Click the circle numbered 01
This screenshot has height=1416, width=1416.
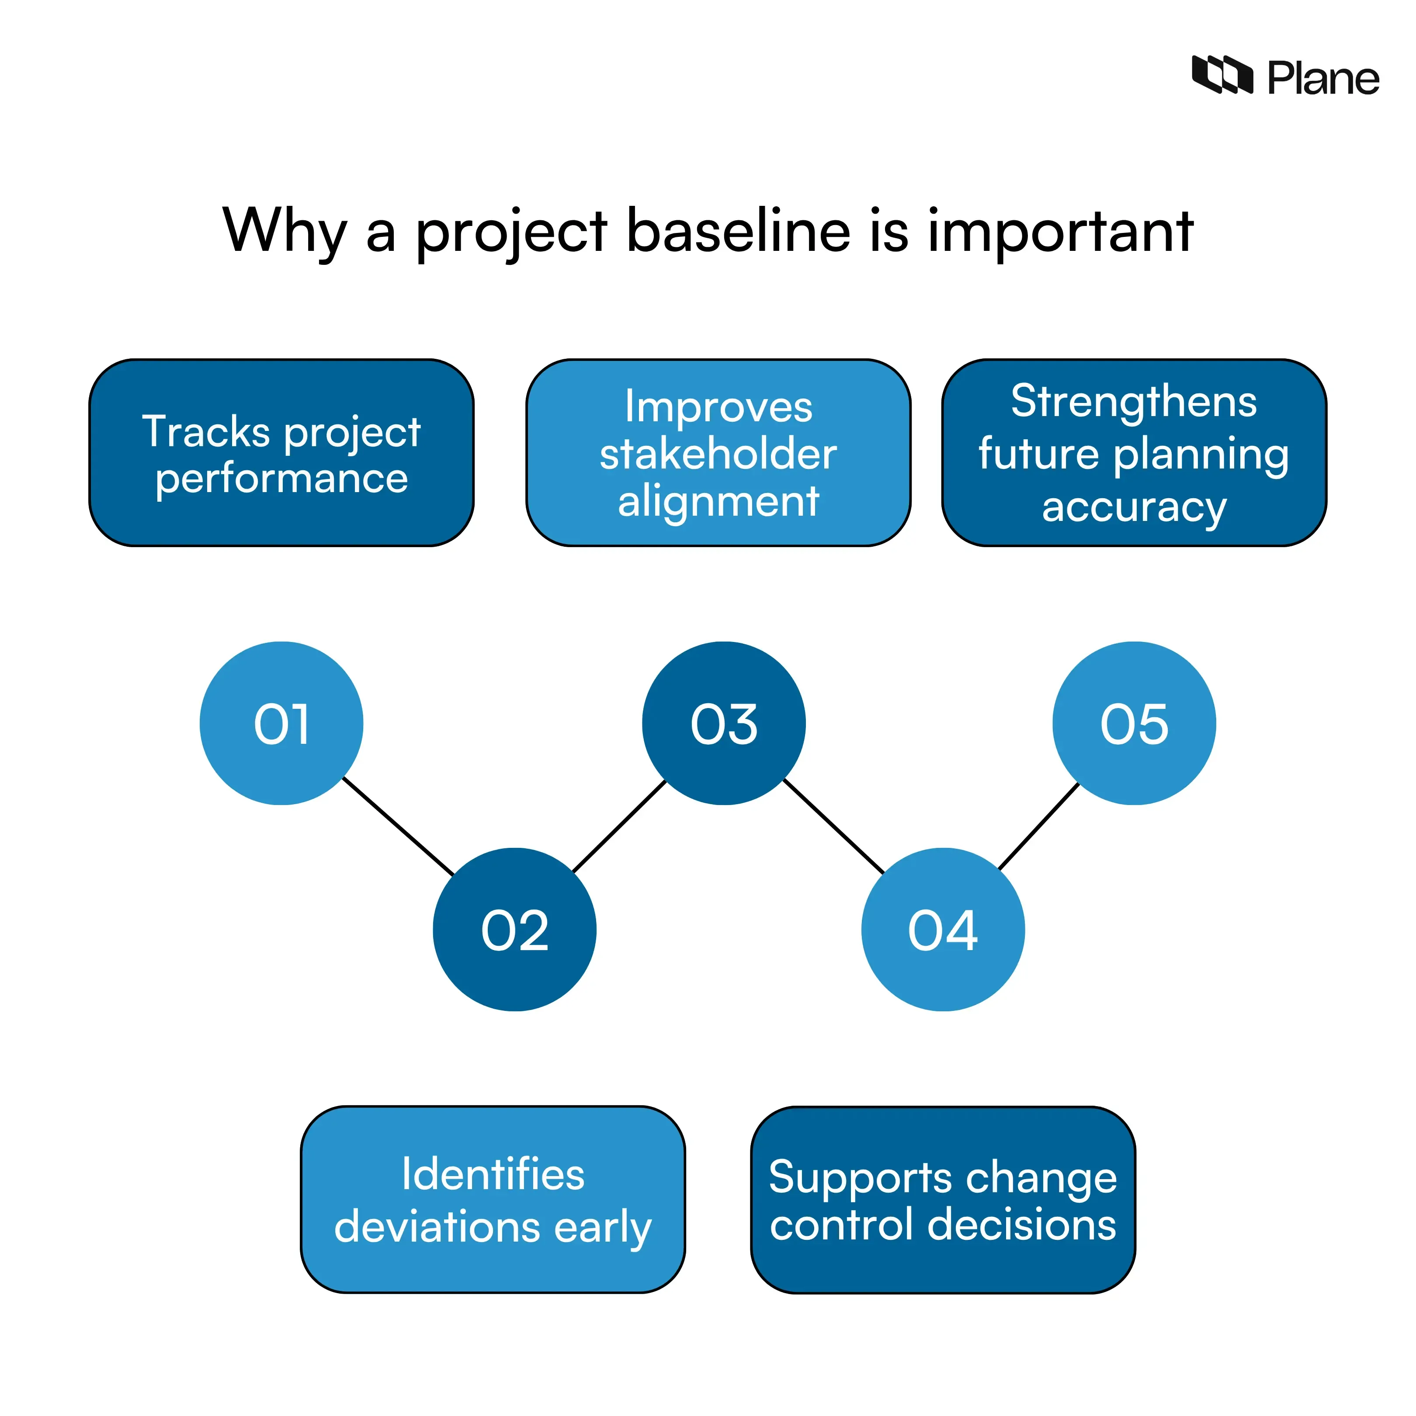click(281, 723)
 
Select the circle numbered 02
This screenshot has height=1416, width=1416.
click(514, 929)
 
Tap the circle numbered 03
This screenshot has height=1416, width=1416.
click(723, 723)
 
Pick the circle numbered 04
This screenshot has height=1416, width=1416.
click(943, 929)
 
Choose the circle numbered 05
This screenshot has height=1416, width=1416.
click(1134, 723)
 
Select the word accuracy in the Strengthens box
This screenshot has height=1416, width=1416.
click(1134, 507)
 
